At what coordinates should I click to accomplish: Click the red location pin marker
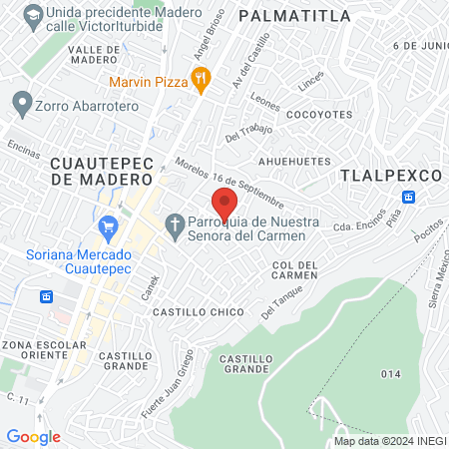click(224, 205)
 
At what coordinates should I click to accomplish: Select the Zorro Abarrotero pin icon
click(20, 102)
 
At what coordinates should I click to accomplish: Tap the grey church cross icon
click(175, 226)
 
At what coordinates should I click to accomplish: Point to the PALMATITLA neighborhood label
click(295, 16)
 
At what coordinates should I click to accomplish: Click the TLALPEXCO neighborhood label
click(390, 175)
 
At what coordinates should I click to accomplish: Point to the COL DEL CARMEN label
click(294, 269)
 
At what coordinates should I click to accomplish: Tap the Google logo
click(33, 436)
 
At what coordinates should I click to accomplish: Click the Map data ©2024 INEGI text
click(389, 441)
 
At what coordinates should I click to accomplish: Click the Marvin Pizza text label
click(150, 81)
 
